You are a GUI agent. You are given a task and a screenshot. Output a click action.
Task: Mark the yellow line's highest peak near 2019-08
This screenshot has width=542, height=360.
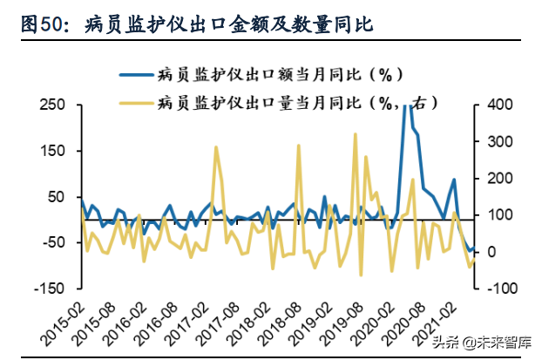coord(356,134)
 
